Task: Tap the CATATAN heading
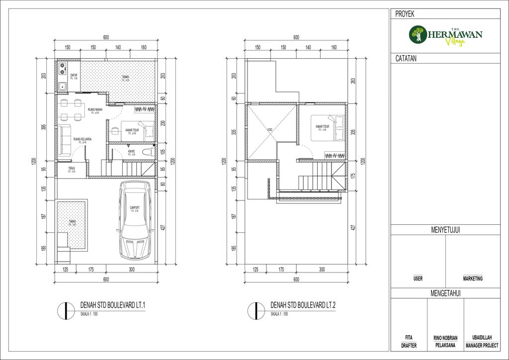pyautogui.click(x=406, y=59)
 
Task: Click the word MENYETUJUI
pyautogui.click(x=445, y=230)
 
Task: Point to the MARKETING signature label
pyautogui.click(x=473, y=279)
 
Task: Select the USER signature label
pyautogui.click(x=418, y=279)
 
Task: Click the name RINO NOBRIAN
pyautogui.click(x=445, y=337)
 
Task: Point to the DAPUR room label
pyautogui.click(x=74, y=75)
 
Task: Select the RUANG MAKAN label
pyautogui.click(x=94, y=109)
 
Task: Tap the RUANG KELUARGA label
pyautogui.click(x=81, y=139)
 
